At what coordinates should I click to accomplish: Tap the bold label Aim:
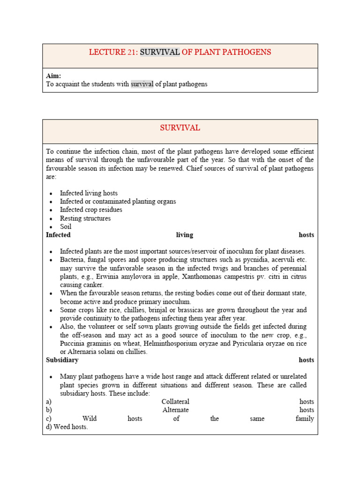53,76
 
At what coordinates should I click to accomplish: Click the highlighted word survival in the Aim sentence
142,84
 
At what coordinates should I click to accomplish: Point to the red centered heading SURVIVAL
180,128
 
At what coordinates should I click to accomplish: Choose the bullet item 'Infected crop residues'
91,210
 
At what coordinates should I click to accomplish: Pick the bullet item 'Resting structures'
85,218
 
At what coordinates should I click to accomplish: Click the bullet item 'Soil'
66,227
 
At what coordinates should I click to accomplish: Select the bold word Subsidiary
62,360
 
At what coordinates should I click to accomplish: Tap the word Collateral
175,402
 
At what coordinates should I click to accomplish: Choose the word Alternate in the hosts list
175,410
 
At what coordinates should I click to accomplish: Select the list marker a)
49,402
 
